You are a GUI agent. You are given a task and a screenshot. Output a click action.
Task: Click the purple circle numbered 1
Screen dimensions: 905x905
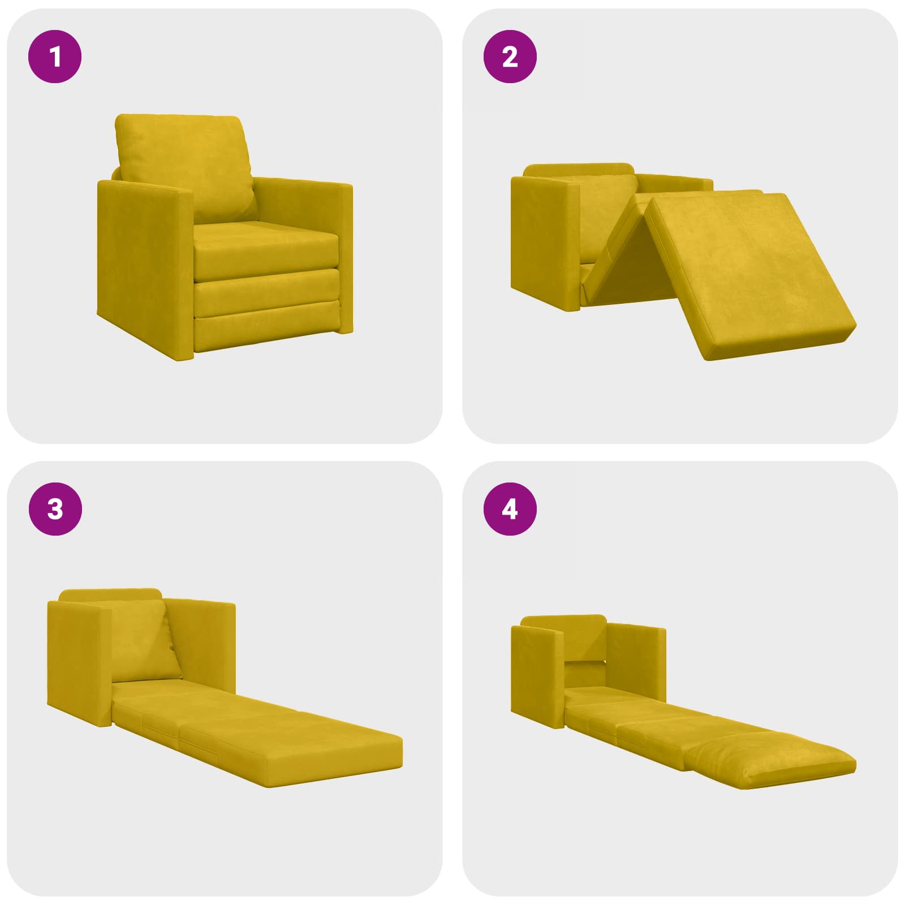pos(55,57)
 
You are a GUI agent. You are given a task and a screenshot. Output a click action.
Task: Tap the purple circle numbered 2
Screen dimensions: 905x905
pos(510,57)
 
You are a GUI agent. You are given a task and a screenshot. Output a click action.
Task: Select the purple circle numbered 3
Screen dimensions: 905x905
pos(55,509)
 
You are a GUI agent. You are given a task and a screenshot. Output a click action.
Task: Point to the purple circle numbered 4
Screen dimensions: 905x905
pos(510,509)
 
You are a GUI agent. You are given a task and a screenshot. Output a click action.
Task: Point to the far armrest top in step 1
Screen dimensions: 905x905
pos(303,183)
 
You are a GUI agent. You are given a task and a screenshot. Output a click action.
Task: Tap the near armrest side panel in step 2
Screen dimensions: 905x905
pos(546,243)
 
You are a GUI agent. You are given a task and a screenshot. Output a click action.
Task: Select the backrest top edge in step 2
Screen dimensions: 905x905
pos(579,169)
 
